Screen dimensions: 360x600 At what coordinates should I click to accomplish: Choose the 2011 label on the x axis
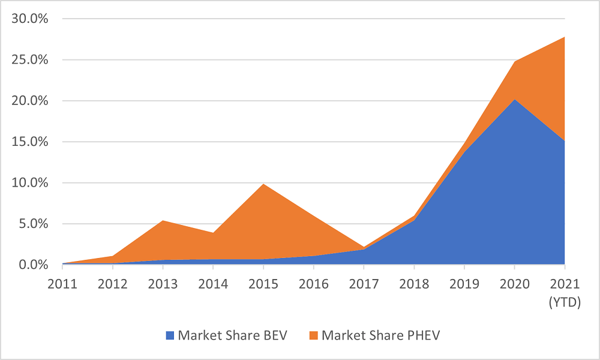pos(62,284)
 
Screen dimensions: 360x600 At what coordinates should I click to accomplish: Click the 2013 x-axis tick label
pos(163,284)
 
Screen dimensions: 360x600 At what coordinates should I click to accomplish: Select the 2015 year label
pos(263,284)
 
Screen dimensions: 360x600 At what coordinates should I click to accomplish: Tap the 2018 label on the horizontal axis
pos(414,284)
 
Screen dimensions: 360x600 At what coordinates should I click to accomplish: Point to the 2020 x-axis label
pos(515,284)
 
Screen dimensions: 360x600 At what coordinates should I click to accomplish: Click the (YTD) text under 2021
pos(565,304)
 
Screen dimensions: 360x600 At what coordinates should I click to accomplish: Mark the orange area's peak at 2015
pos(263,184)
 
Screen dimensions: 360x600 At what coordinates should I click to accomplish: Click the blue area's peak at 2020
pos(515,99)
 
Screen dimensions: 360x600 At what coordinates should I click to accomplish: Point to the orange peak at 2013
pos(163,220)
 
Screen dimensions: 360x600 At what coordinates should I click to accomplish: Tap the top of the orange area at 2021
pos(565,37)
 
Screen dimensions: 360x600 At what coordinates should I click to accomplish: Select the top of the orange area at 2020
pos(515,61)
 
